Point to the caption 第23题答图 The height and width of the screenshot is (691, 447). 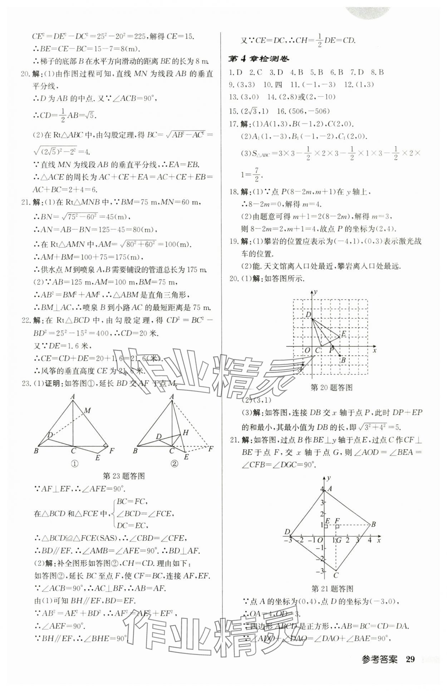(123, 476)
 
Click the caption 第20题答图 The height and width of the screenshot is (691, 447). (331, 388)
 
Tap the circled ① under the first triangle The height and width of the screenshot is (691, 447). (75, 464)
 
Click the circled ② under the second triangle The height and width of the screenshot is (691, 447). (174, 464)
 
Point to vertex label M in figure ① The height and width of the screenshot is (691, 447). (87, 410)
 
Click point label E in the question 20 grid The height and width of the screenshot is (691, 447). (344, 334)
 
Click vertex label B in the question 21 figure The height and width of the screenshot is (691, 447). (373, 524)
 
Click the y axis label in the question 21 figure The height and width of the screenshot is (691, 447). (328, 478)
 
